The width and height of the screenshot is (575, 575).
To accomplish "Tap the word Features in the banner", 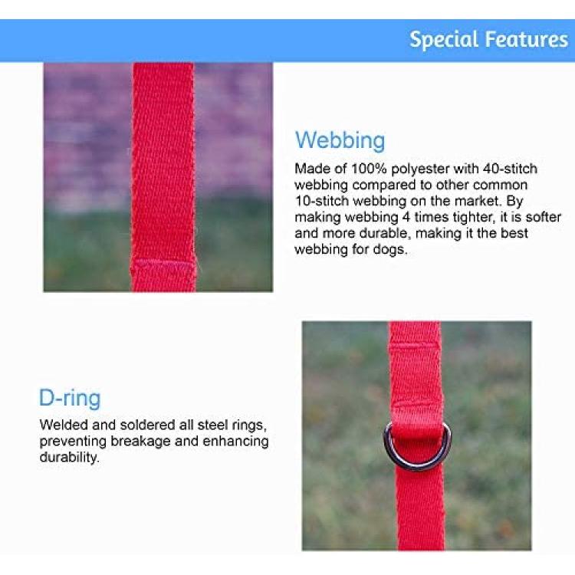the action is click(x=527, y=39).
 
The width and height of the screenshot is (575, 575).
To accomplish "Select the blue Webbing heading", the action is click(x=340, y=140).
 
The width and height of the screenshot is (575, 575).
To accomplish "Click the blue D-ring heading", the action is click(x=70, y=398).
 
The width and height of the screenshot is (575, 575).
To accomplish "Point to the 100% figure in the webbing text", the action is click(x=369, y=169).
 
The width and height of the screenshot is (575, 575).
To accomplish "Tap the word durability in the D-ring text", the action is click(x=68, y=458).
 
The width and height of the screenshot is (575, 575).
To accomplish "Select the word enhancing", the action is click(x=235, y=442).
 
